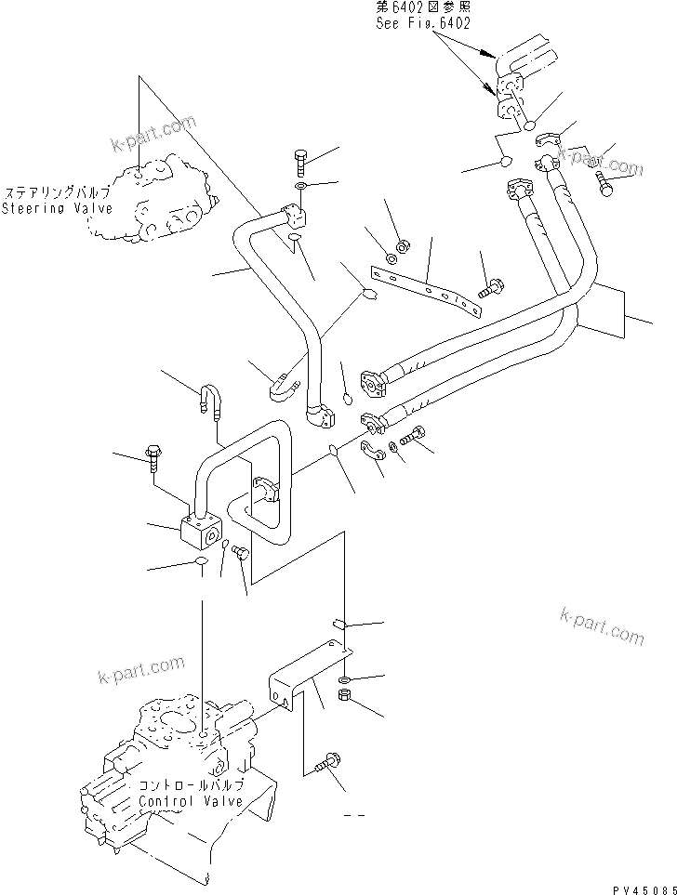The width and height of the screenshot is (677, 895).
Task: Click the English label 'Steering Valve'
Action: (57, 208)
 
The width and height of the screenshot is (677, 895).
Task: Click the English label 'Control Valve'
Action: (191, 801)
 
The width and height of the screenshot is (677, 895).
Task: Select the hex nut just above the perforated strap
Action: (404, 246)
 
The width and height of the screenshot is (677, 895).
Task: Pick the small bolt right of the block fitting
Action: (240, 553)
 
